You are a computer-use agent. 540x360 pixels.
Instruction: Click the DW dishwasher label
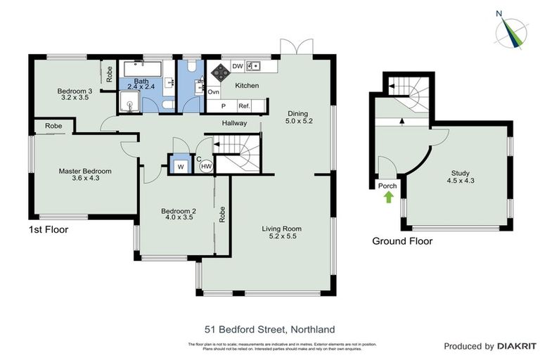coord(238,67)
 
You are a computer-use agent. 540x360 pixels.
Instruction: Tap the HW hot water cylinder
coord(206,166)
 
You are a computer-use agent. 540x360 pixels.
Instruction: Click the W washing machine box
coord(181,166)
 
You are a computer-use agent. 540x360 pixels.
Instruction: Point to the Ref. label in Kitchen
coord(245,106)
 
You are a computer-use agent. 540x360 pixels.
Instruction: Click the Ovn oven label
coord(213,92)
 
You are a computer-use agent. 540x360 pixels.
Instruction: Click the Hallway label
coord(234,123)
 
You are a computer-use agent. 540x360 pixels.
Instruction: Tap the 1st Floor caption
coord(49,230)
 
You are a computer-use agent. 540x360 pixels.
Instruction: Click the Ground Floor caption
coord(402,241)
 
